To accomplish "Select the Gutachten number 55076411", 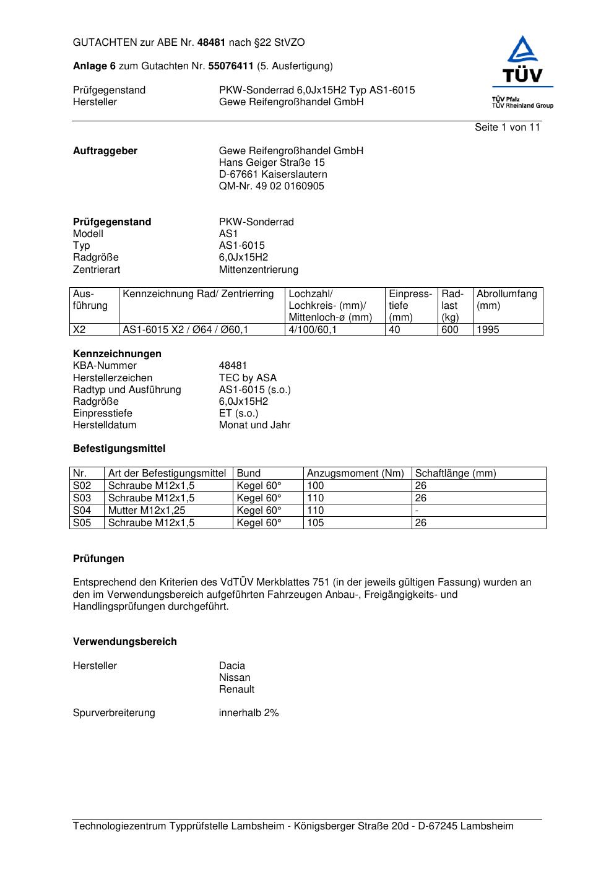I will pyautogui.click(x=231, y=66).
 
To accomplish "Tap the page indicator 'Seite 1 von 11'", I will pyautogui.click(x=507, y=128).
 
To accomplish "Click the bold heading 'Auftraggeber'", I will pyautogui.click(x=105, y=151).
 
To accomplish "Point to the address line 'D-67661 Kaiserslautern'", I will pyautogui.click(x=273, y=175).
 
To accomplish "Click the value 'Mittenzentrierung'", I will pyautogui.click(x=258, y=270).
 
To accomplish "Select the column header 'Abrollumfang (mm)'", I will pyautogui.click(x=506, y=300).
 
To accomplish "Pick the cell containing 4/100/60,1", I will pyautogui.click(x=313, y=330).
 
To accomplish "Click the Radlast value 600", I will pyautogui.click(x=449, y=330).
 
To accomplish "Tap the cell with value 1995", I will pyautogui.click(x=488, y=330).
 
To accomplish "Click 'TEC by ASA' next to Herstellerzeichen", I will pyautogui.click(x=248, y=378).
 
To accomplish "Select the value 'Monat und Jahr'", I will pyautogui.click(x=254, y=425).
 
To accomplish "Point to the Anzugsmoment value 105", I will pyautogui.click(x=316, y=523).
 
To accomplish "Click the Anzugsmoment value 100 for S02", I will pyautogui.click(x=316, y=486).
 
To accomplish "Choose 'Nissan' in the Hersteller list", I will pyautogui.click(x=235, y=678).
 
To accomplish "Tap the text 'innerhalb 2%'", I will pyautogui.click(x=249, y=713).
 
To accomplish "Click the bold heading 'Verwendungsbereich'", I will pyautogui.click(x=125, y=642).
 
